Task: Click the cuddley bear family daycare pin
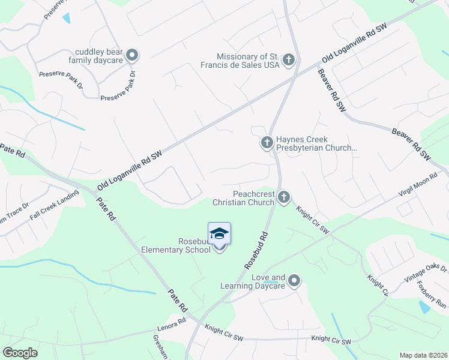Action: pos(133,55)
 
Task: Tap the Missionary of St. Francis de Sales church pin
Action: pos(289,59)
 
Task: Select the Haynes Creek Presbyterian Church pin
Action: pos(267,143)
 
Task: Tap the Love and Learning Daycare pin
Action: pos(294,280)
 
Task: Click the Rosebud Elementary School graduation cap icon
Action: pos(219,233)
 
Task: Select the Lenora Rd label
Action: pos(174,322)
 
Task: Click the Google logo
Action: pos(20,353)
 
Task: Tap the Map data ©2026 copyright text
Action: pos(423,355)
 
